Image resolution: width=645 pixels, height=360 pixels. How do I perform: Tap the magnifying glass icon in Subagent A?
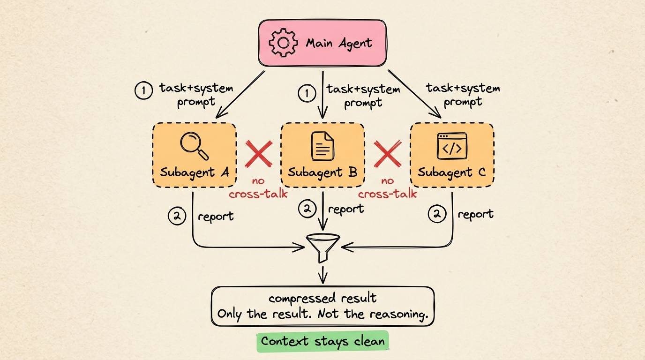click(x=194, y=146)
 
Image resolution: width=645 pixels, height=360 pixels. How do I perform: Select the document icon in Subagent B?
click(x=322, y=146)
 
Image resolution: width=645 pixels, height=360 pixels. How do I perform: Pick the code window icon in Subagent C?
click(x=452, y=146)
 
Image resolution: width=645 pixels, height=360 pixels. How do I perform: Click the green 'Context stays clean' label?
click(x=323, y=341)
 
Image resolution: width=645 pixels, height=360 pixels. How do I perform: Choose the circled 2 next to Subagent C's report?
click(x=437, y=215)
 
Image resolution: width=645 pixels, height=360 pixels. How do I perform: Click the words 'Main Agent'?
click(x=339, y=44)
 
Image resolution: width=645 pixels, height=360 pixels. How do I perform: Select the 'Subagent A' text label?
click(x=194, y=172)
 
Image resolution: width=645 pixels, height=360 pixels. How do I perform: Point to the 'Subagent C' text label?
click(x=451, y=172)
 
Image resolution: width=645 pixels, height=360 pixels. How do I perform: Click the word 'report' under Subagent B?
click(x=346, y=209)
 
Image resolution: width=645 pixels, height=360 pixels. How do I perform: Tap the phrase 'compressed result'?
click(x=322, y=299)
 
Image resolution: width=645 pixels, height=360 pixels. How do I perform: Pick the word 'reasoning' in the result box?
click(x=398, y=314)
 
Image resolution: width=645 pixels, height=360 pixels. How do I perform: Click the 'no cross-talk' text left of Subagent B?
click(x=258, y=187)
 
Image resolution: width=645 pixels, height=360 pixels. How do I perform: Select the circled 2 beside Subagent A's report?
click(x=177, y=216)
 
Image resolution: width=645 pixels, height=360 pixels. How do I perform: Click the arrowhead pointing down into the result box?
click(x=322, y=280)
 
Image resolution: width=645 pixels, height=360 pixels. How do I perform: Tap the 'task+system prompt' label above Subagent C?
click(x=463, y=95)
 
